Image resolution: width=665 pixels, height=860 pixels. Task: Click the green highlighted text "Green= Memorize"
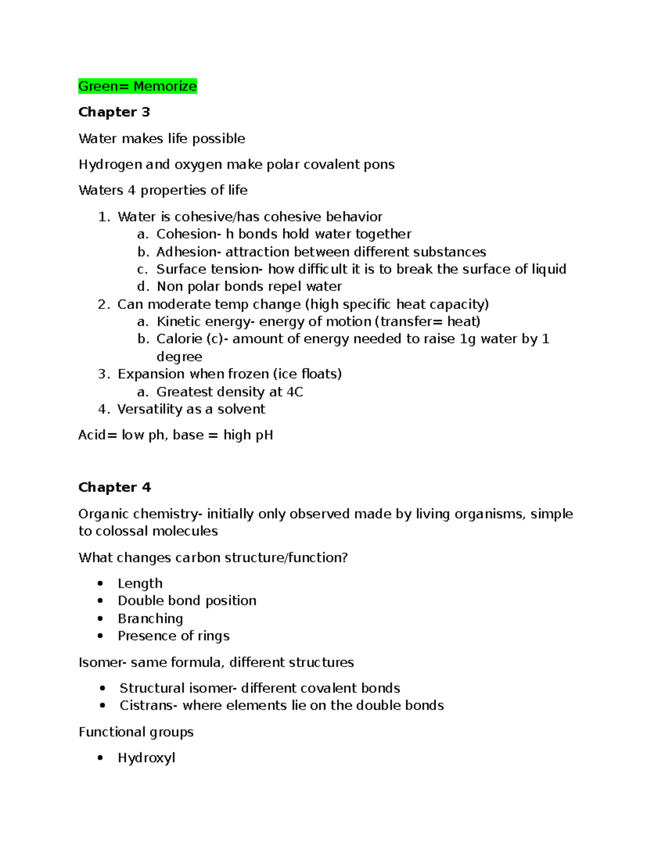137,86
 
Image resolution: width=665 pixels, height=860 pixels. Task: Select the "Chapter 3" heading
114,112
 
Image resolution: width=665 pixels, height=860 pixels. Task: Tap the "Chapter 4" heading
114,487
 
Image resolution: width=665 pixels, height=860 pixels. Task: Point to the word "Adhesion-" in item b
188,252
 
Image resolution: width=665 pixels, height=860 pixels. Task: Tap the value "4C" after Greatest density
294,392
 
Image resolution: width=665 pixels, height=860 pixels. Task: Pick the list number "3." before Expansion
104,374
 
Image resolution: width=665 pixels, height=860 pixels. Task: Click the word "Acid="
98,435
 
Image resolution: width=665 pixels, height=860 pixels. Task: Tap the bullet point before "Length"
100,584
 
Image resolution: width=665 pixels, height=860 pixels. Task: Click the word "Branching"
150,619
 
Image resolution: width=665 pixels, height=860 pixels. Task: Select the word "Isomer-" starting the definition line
103,662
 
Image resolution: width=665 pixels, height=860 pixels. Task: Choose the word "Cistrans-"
149,705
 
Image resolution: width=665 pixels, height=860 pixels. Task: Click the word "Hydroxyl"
146,758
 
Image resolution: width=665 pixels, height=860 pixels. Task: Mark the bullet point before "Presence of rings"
100,636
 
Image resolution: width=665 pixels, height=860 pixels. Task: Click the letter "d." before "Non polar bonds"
143,287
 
